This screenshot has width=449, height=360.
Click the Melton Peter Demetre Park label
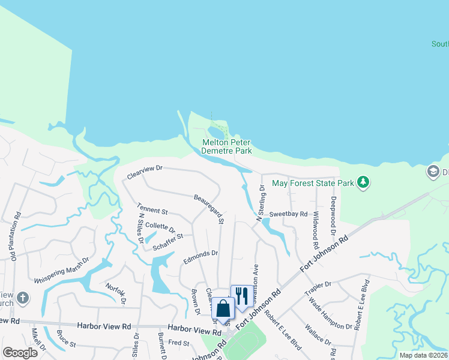226,146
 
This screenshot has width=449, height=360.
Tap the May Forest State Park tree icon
363,182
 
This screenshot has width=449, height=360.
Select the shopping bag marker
223,308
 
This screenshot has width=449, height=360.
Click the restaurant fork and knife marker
241,295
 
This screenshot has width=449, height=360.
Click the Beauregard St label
209,209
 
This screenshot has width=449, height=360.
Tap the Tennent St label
152,211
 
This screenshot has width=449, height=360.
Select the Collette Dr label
160,229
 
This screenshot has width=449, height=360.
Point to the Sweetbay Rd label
288,214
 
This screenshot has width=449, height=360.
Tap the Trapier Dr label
318,285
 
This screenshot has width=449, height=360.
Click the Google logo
20,353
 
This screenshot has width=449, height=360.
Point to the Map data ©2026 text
423,355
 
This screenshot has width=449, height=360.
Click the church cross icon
22,298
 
